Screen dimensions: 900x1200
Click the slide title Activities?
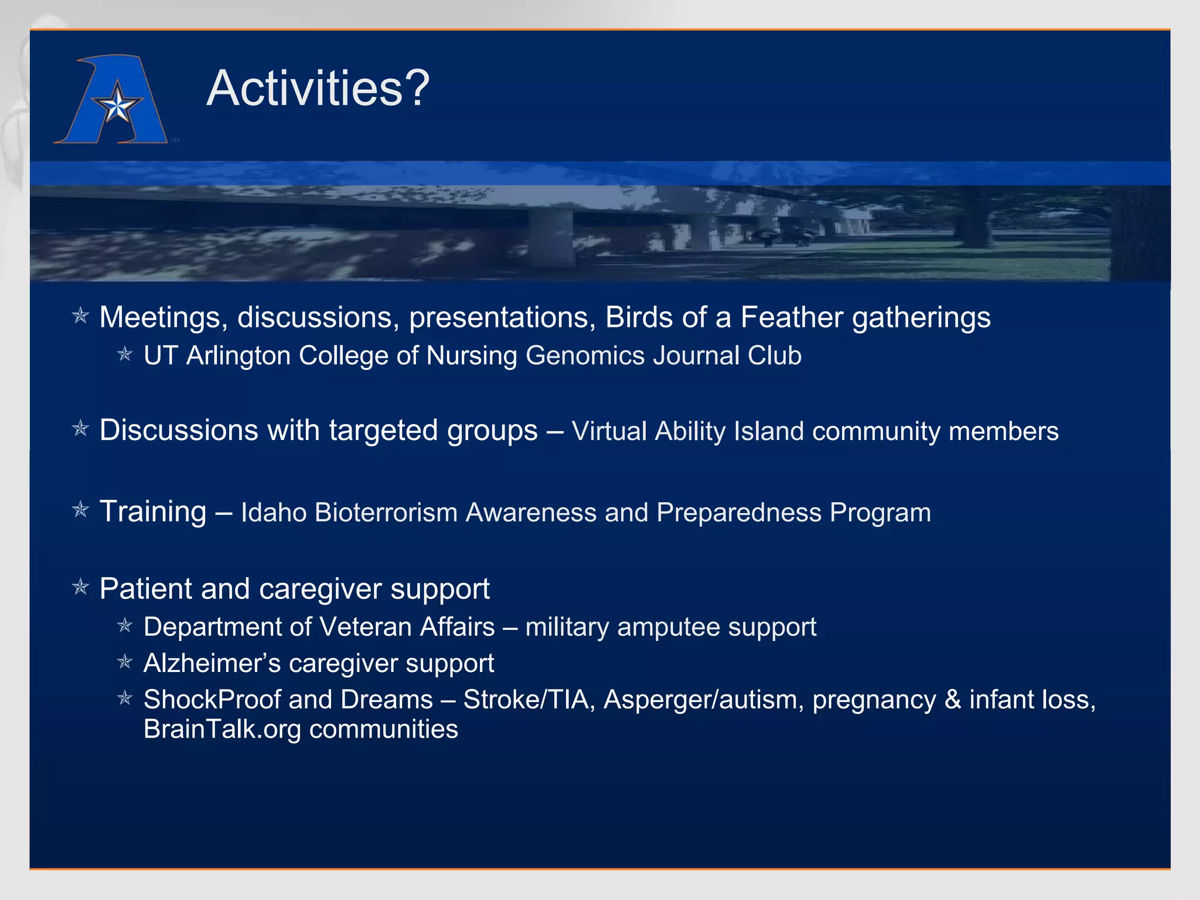[x=318, y=88]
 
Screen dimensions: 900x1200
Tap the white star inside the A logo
[x=118, y=106]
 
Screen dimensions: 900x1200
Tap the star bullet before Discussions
[x=80, y=429]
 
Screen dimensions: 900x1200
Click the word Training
[x=153, y=512]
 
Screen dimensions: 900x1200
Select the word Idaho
[x=274, y=513]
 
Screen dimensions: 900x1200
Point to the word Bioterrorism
[x=386, y=513]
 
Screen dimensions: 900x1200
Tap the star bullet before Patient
[x=80, y=587]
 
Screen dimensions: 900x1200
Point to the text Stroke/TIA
[x=526, y=700]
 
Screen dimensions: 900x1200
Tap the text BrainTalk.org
[x=222, y=729]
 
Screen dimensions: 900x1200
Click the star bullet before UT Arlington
[x=125, y=354]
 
